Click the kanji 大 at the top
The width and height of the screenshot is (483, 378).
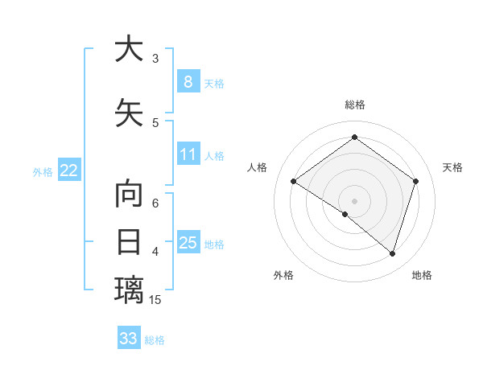(x=129, y=49)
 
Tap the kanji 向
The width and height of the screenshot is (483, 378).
(x=129, y=195)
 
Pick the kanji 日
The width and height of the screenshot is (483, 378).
(x=129, y=242)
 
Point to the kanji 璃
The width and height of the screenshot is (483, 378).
(x=129, y=289)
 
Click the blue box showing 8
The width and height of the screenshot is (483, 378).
(x=188, y=82)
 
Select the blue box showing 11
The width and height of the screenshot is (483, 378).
(x=188, y=154)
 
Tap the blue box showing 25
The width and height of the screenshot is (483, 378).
(x=188, y=243)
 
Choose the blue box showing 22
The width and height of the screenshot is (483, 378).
(x=69, y=171)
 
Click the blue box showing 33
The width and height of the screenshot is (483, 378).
(x=129, y=339)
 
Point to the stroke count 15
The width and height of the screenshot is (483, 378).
(x=155, y=300)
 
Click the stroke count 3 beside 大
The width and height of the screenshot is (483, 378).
(x=155, y=59)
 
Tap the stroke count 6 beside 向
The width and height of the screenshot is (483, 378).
(x=155, y=203)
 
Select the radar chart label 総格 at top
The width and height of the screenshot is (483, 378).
(x=354, y=105)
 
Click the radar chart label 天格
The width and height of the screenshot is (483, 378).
(x=452, y=167)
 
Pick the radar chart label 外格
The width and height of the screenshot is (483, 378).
(x=283, y=275)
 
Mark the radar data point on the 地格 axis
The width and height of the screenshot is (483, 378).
(x=392, y=253)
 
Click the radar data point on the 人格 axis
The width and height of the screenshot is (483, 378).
(x=294, y=182)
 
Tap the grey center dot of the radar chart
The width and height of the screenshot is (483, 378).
(x=354, y=200)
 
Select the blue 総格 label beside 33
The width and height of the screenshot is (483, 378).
(x=155, y=340)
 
